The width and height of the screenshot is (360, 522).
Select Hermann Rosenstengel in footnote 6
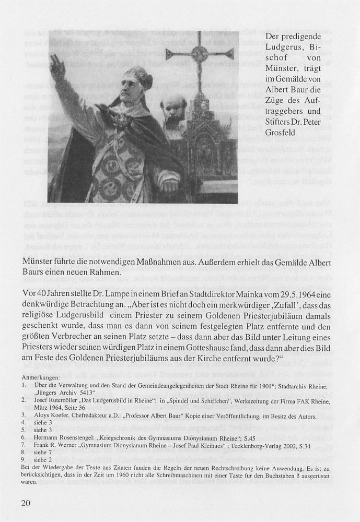(x=68, y=433)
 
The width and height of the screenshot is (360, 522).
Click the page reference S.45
(x=250, y=433)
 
